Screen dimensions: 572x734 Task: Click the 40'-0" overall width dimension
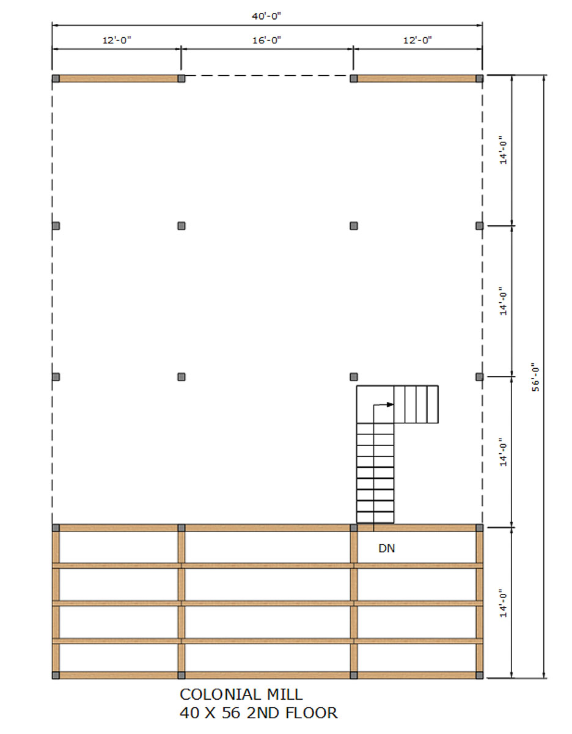pos(266,17)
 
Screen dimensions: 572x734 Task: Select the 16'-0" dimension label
pos(266,40)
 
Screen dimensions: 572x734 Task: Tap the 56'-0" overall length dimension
pos(535,377)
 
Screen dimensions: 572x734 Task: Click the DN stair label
pos(386,548)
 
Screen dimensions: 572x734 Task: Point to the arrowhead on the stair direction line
pos(390,404)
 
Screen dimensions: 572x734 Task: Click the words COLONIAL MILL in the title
pos(241,695)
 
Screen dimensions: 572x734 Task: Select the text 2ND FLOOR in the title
pos(292,713)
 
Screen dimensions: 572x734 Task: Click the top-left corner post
pos(56,79)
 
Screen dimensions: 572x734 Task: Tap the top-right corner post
pos(479,79)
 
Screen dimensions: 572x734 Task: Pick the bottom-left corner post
pos(56,675)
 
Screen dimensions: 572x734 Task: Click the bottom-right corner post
pos(479,675)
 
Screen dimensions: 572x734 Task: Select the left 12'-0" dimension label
pos(117,40)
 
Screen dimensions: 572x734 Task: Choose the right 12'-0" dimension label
pos(417,40)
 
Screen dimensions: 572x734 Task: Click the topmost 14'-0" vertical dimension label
pos(503,150)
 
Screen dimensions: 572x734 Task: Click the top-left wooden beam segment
pos(119,79)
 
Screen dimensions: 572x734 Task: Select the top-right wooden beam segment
pos(416,79)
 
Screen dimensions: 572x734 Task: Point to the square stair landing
pos(375,404)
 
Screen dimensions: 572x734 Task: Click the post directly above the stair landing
pos(354,377)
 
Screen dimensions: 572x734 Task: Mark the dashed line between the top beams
pos(267,76)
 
